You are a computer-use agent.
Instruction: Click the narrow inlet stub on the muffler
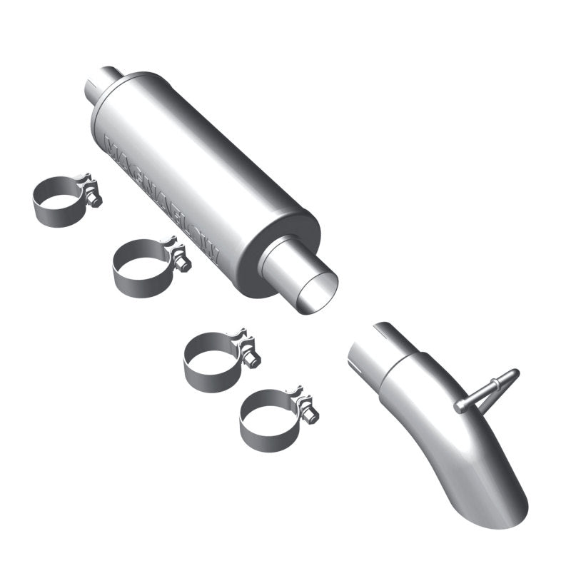(103, 84)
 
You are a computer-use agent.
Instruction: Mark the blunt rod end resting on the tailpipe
(460, 406)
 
